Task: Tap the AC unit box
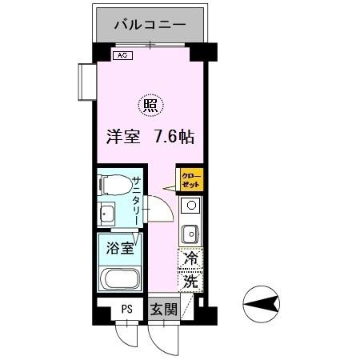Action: point(122,56)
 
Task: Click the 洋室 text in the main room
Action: point(124,136)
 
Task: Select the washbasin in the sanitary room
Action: point(106,214)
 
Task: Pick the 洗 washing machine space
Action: point(191,282)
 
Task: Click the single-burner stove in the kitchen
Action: point(190,206)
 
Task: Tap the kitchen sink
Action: point(190,234)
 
